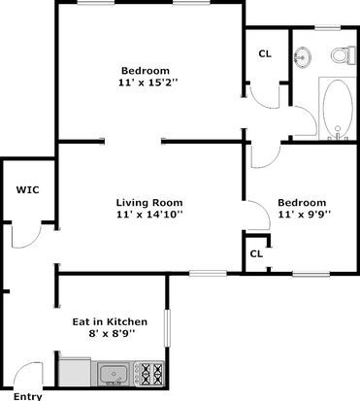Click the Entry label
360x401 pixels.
[27, 396]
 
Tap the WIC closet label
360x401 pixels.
[28, 189]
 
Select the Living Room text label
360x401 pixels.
[149, 203]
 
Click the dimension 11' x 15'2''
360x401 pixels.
[148, 83]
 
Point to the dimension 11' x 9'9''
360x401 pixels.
[305, 215]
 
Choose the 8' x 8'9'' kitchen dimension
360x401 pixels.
[112, 334]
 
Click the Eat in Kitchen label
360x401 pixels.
[110, 322]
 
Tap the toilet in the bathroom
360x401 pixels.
[343, 55]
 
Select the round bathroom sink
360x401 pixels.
[303, 56]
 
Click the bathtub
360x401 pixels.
[338, 109]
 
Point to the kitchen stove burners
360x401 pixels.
[148, 374]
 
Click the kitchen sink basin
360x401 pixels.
[113, 374]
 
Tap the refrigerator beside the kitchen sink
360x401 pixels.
[75, 372]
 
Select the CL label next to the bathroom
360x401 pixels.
[265, 54]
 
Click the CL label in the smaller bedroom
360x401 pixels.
[256, 254]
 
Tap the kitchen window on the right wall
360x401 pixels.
[167, 328]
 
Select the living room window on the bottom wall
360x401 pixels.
[208, 274]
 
